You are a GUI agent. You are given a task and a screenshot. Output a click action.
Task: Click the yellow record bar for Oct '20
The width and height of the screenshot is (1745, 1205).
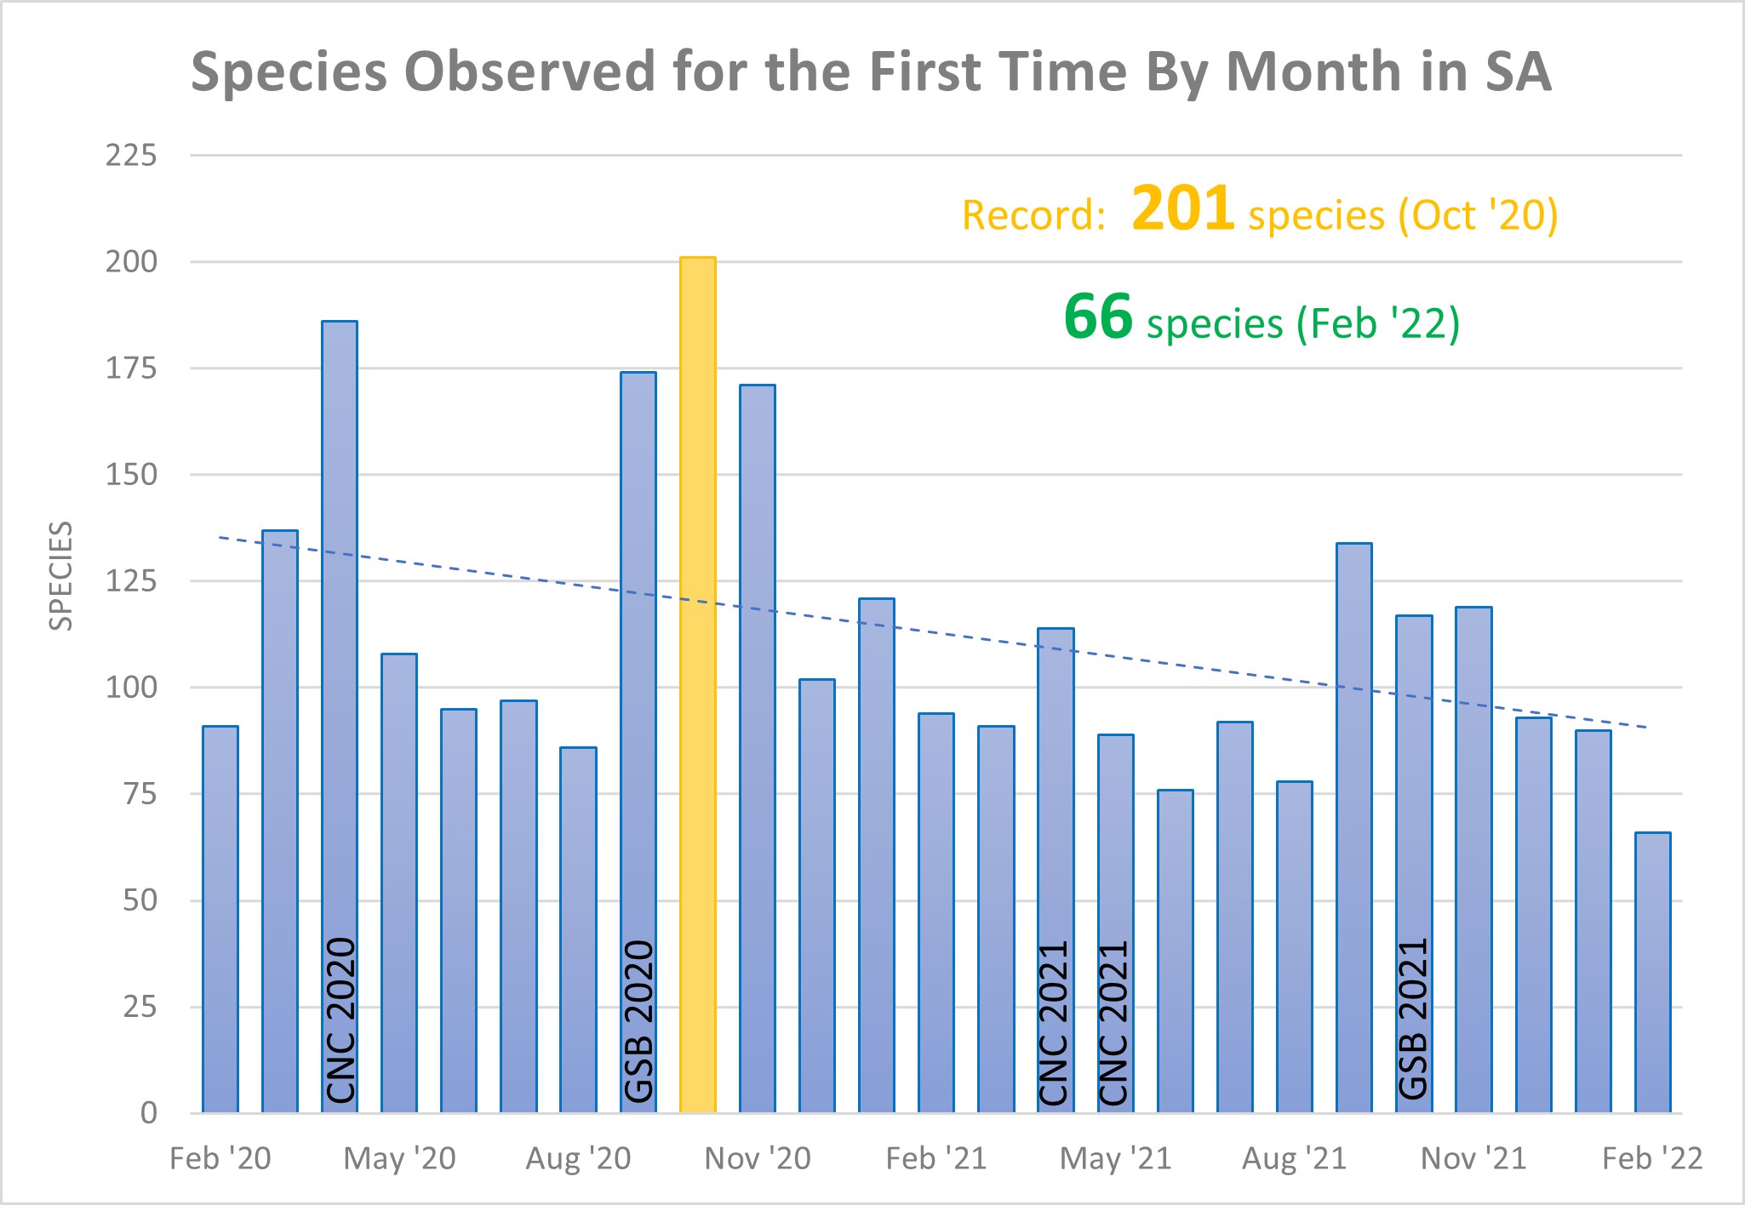point(697,685)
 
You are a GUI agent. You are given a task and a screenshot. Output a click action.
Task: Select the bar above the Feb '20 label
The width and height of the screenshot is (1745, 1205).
point(220,919)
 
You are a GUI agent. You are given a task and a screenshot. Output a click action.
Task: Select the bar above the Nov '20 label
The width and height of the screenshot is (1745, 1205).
point(758,749)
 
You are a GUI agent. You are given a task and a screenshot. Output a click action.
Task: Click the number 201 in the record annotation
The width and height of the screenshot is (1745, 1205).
point(1182,208)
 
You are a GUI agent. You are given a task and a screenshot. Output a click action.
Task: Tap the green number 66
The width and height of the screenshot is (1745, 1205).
point(1097,317)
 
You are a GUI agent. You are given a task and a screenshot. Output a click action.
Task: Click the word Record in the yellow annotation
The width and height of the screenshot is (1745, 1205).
point(1033,216)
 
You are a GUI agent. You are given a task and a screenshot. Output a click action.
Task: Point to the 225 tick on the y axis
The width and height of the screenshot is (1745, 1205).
point(131,156)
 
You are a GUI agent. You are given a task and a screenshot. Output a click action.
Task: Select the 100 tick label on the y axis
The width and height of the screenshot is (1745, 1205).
point(131,688)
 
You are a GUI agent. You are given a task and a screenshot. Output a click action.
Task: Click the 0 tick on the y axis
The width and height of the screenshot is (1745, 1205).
point(148,1113)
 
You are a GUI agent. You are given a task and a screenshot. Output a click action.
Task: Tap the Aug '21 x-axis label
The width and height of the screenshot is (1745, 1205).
point(1294,1159)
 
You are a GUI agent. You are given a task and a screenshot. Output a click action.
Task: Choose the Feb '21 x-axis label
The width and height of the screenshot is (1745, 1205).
point(935,1159)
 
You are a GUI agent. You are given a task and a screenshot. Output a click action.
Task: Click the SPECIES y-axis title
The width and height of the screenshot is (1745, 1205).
point(60,576)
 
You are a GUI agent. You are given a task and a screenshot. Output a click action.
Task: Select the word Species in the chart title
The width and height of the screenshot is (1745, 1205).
point(289,72)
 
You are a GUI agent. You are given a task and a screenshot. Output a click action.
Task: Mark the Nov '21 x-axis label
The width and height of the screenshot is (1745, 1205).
point(1473,1159)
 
